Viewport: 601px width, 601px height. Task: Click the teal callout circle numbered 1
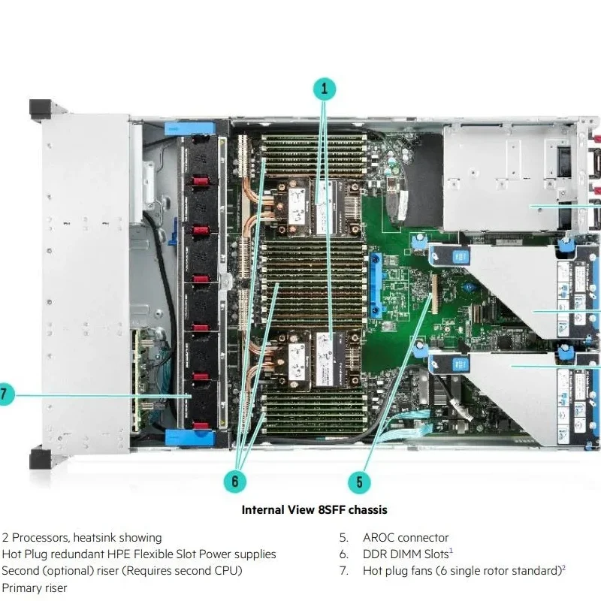pos(325,89)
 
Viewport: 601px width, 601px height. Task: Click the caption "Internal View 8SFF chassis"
pos(314,510)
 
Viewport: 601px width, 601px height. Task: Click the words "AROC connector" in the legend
pos(406,538)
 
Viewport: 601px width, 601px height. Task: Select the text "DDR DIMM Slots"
pos(404,554)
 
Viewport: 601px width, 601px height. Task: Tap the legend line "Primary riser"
pos(35,588)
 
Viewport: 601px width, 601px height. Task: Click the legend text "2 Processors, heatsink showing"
pos(82,538)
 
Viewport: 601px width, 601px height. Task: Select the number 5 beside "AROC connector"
pos(343,538)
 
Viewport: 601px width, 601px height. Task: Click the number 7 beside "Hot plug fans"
pos(343,571)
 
